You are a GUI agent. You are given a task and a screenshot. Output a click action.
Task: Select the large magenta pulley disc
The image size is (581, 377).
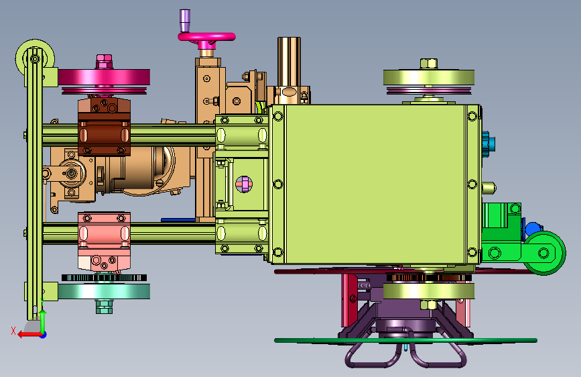[x=104, y=77]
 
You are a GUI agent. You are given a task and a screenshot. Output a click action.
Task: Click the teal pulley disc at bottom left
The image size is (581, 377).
[x=104, y=291]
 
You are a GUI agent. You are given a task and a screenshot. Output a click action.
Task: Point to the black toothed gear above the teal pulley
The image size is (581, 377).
[x=104, y=278]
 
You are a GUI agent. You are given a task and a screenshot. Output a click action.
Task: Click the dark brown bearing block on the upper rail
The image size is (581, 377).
[x=104, y=126]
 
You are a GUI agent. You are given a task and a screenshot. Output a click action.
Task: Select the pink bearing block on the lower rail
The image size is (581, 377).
[x=104, y=241]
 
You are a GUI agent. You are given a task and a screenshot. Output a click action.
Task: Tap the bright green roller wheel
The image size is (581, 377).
[x=544, y=253]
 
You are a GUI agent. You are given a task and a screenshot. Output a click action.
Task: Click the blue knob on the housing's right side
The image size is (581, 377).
[x=489, y=144]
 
